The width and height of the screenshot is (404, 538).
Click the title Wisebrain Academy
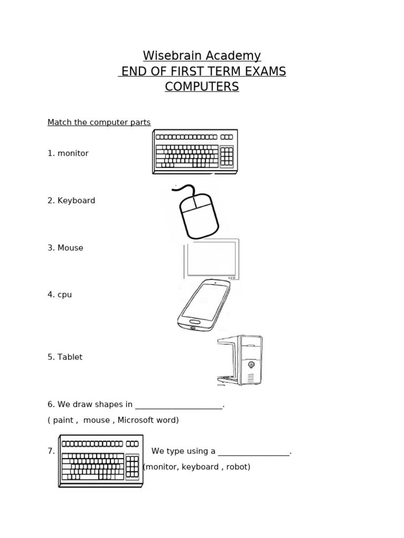[202, 56]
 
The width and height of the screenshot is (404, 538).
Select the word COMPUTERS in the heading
[202, 87]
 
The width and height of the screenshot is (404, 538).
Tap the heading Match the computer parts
[99, 122]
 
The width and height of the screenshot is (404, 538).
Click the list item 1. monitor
[68, 153]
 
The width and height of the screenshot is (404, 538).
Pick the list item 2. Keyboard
[71, 201]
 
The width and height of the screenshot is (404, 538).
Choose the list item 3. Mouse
[65, 248]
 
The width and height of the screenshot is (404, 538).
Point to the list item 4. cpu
[59, 295]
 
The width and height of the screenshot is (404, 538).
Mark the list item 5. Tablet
[65, 357]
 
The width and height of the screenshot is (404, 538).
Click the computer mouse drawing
[197, 213]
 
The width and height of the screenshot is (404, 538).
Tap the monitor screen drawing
[211, 259]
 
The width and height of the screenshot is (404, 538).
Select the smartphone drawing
[204, 305]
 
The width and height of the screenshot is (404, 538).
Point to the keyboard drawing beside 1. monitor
[195, 152]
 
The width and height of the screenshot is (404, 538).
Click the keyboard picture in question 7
[100, 461]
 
